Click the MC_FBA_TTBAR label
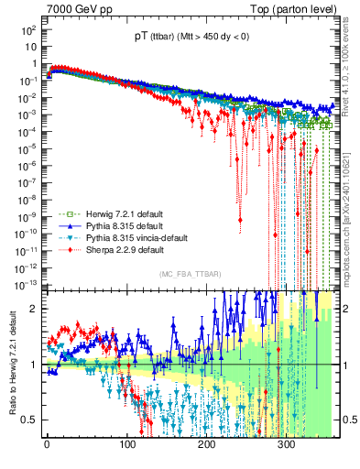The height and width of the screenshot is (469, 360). click(x=189, y=275)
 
